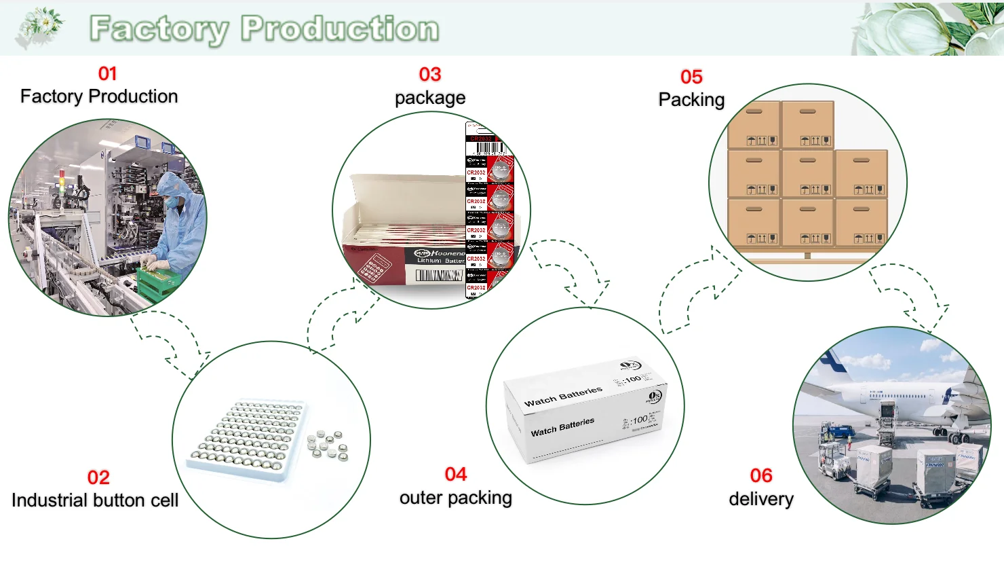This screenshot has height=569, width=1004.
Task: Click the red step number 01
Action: click(x=108, y=73)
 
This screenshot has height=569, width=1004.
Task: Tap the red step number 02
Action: click(x=98, y=477)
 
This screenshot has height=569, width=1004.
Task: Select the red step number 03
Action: click(x=430, y=74)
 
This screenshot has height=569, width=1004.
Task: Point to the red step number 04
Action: click(x=456, y=474)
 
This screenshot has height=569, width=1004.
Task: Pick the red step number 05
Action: click(x=691, y=77)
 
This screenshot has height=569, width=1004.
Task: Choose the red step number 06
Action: click(x=761, y=475)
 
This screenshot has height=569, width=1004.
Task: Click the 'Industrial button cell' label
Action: click(x=95, y=500)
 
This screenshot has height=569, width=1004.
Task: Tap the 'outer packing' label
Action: click(x=456, y=498)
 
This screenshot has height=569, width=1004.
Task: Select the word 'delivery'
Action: click(x=761, y=499)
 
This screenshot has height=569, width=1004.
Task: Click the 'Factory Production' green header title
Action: click(x=265, y=29)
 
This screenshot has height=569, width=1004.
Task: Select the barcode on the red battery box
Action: click(x=439, y=275)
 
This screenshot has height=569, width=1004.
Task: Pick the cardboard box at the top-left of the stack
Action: click(x=754, y=125)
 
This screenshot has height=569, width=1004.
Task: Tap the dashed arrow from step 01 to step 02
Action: click(x=172, y=344)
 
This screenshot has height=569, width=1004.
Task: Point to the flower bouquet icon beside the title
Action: click(x=41, y=27)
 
